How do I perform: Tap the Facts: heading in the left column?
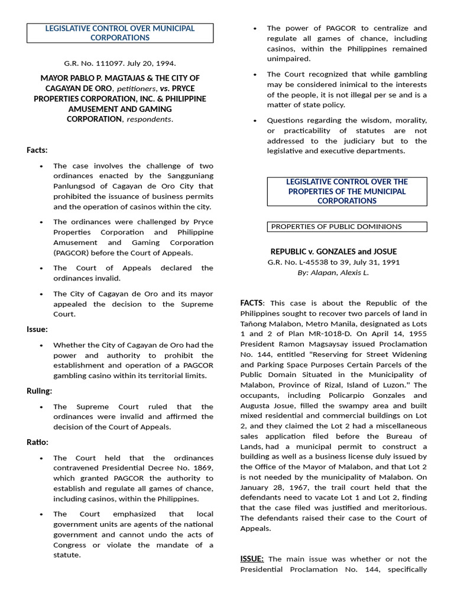click(x=37, y=150)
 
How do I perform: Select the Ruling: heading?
click(x=39, y=391)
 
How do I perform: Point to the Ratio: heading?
click(x=37, y=442)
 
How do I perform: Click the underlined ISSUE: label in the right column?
click(x=252, y=559)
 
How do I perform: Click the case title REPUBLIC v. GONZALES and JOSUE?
click(x=333, y=252)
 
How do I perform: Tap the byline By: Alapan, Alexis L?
click(x=333, y=273)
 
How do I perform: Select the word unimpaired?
click(x=289, y=59)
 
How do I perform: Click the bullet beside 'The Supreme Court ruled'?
click(x=41, y=407)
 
